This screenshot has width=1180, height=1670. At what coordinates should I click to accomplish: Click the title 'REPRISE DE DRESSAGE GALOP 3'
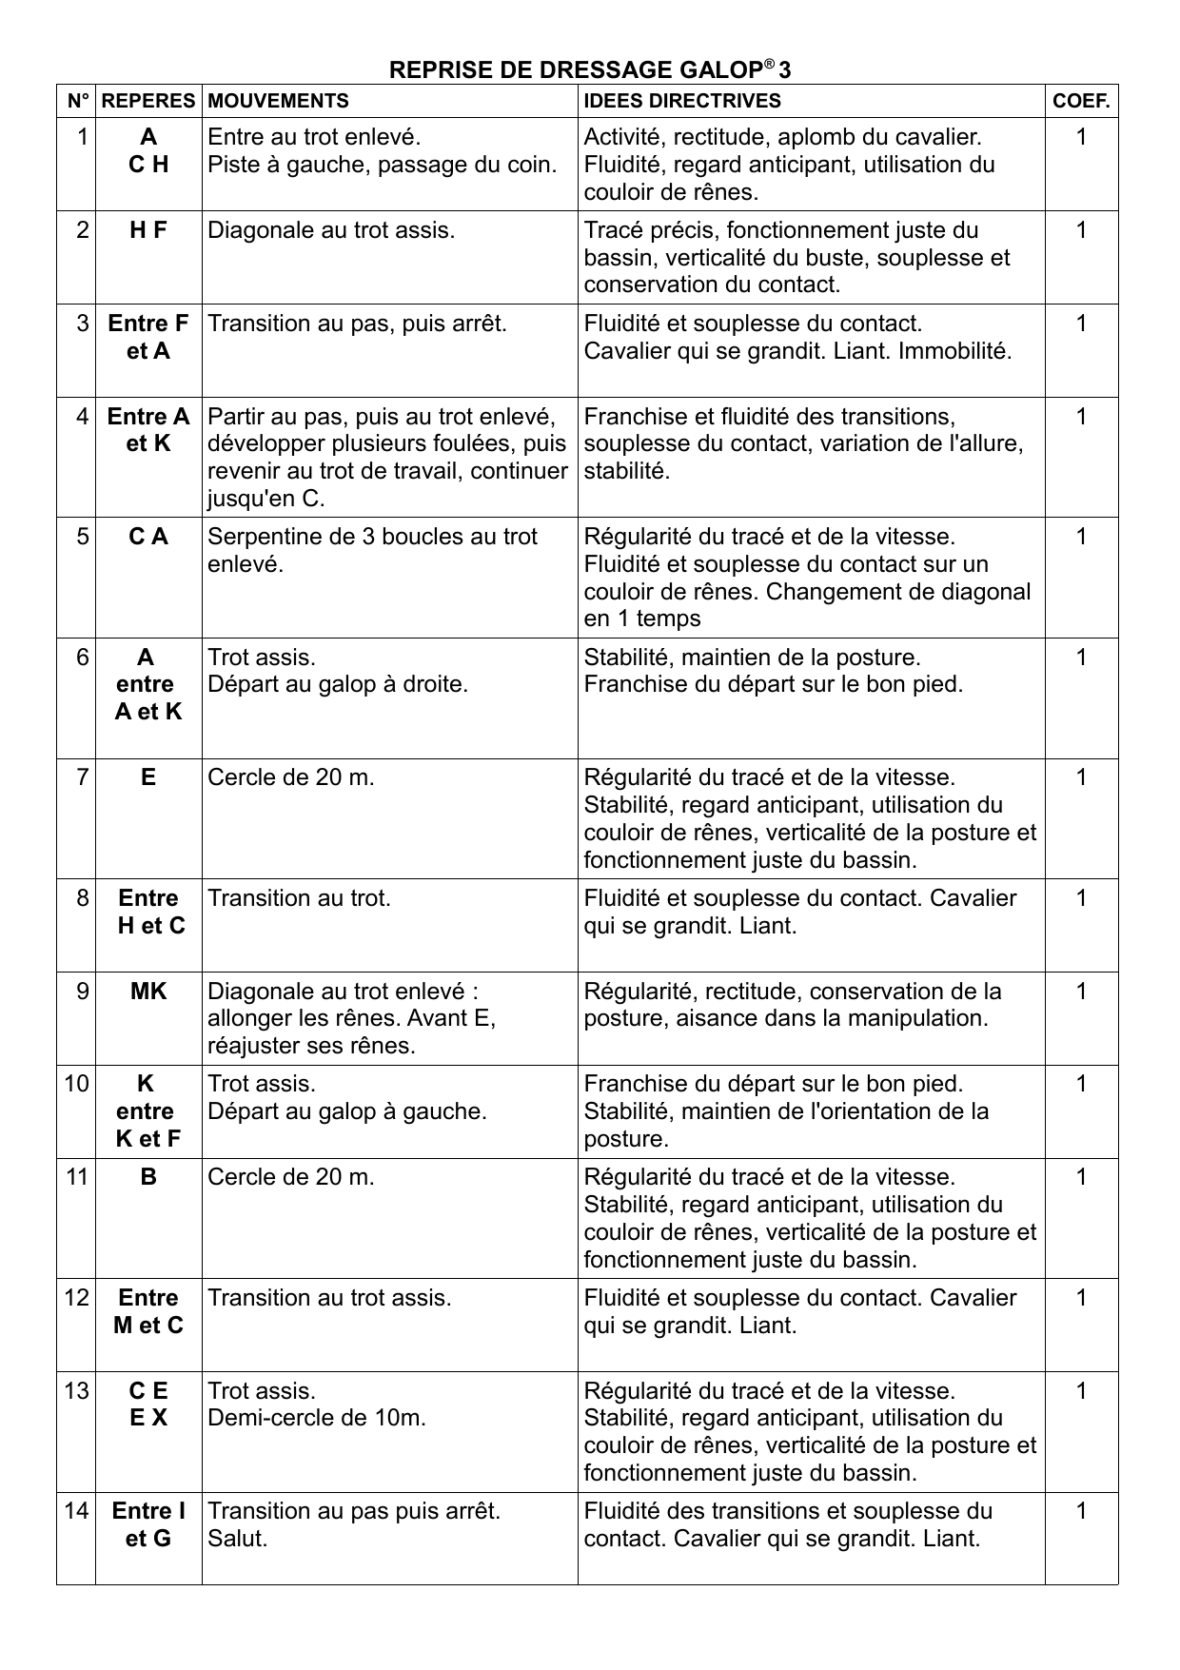coord(590,70)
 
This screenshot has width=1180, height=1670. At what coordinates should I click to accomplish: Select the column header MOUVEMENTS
coord(278,101)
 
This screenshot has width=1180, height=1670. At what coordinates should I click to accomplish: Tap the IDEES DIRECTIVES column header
coord(681,101)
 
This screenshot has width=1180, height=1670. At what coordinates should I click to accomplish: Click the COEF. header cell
coord(1081,101)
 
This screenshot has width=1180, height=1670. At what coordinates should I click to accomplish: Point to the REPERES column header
coord(148,101)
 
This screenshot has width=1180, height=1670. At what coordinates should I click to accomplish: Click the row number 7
coord(83,777)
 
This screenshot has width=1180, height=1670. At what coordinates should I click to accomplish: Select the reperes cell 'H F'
coord(148,230)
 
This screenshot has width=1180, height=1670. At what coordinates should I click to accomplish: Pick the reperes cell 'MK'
coord(148,992)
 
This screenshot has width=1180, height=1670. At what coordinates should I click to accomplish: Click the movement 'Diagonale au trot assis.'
coord(331,230)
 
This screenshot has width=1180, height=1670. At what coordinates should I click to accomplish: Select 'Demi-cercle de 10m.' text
coord(317,1418)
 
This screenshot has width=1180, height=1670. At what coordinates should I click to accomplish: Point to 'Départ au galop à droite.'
coord(338,684)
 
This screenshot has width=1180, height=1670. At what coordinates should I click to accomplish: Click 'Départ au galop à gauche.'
coord(347,1111)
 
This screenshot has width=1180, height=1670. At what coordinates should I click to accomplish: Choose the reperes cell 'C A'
coord(148,537)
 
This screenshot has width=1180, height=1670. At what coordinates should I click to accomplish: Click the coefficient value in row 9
coord(1081,992)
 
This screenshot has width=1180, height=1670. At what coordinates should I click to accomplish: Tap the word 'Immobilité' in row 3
coord(954,351)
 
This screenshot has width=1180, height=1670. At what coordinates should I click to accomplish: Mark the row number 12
coord(77,1298)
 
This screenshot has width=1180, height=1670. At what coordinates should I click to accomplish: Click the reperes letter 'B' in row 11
coord(148,1177)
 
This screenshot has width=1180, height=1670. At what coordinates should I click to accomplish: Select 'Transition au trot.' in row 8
coord(299,898)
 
